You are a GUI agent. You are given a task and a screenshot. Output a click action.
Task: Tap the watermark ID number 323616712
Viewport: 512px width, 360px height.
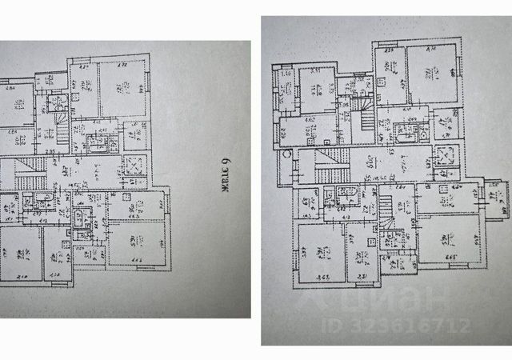pyautogui.click(x=397, y=326)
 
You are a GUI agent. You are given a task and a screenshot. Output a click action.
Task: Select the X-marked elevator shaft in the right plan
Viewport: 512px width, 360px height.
pyautogui.click(x=445, y=156)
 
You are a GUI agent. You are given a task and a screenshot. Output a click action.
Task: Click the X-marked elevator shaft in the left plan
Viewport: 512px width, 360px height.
pyautogui.click(x=134, y=166)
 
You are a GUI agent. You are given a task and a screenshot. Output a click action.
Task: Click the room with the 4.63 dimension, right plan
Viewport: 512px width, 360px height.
pyautogui.click(x=322, y=250)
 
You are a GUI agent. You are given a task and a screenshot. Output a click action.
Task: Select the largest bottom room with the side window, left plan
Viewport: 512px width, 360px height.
pyautogui.click(x=136, y=241)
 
